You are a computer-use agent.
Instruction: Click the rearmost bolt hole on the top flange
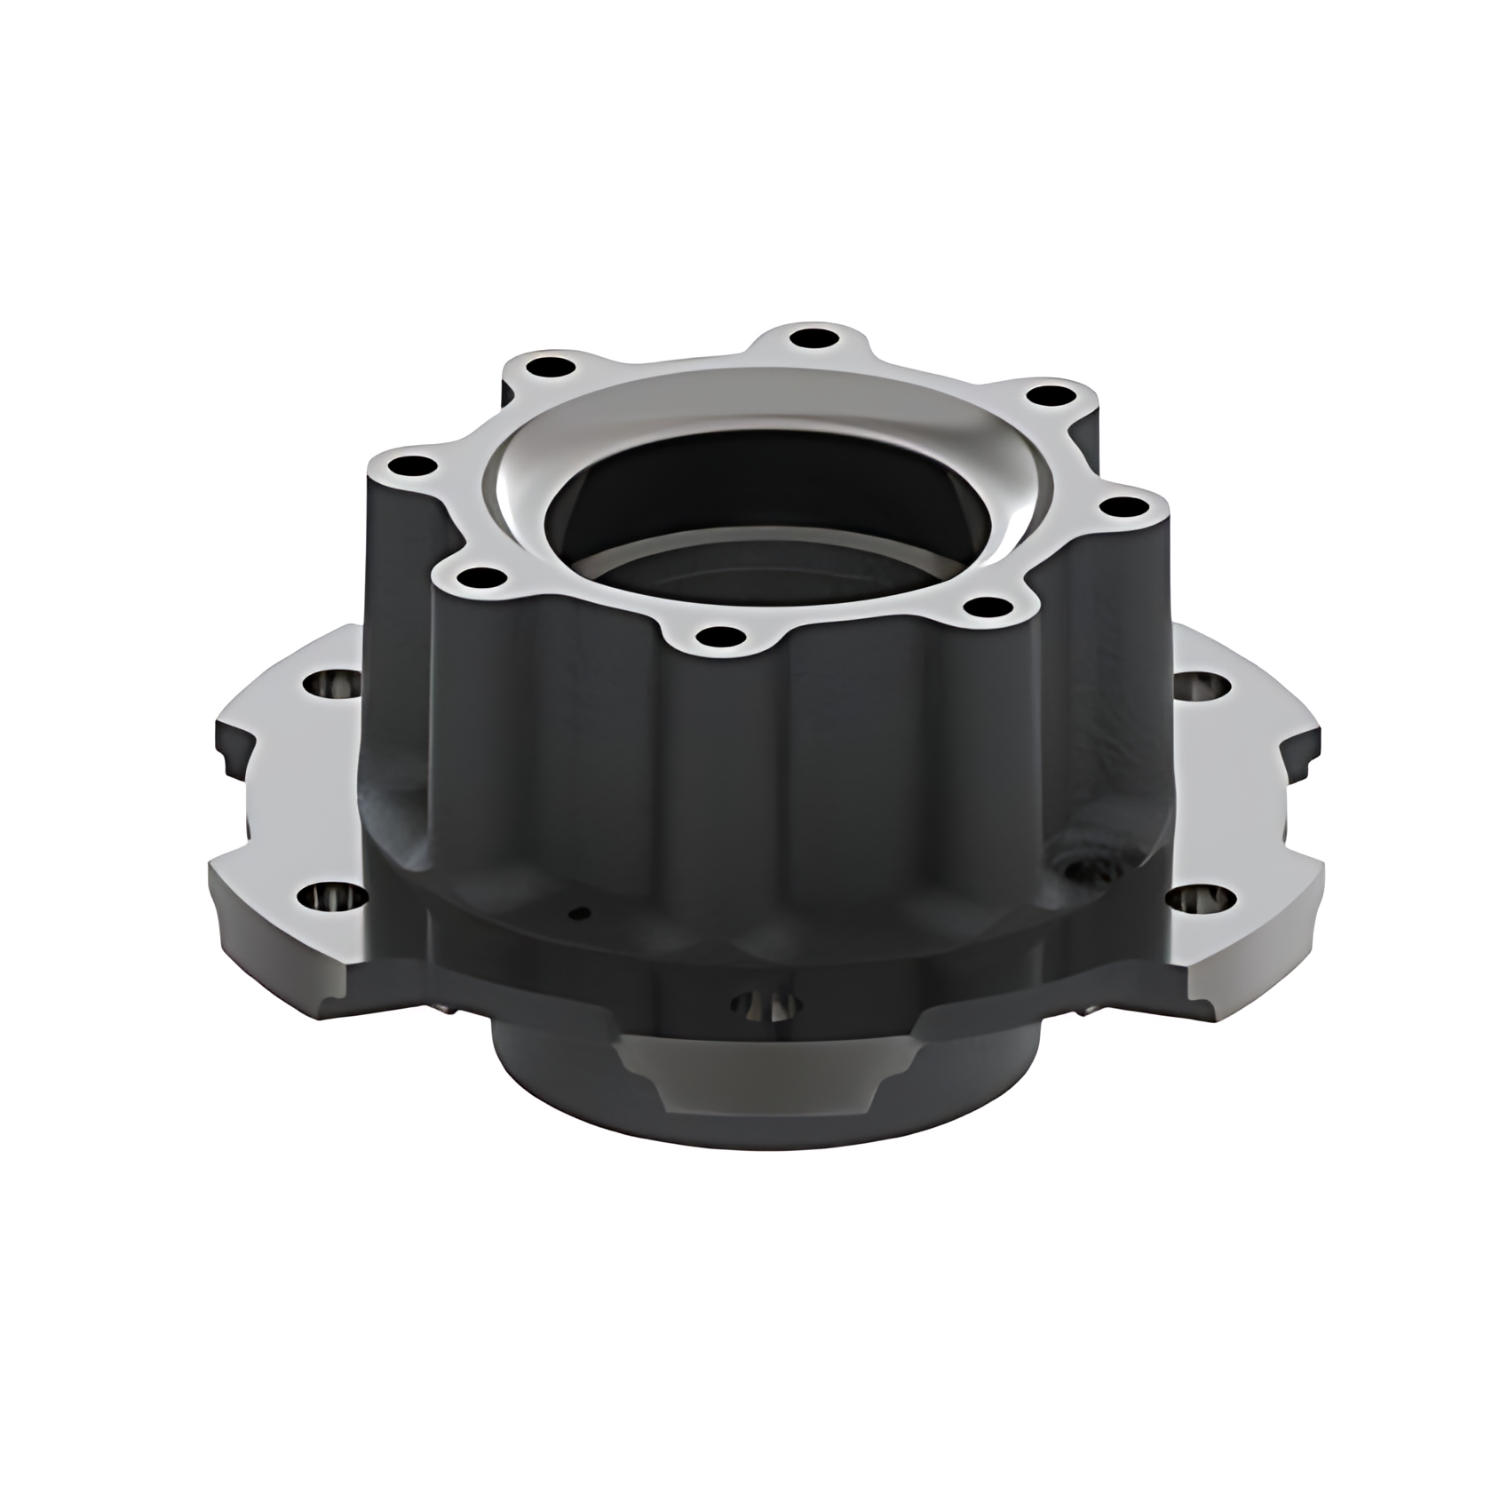click(x=808, y=337)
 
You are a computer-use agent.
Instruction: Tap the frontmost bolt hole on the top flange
click(x=720, y=636)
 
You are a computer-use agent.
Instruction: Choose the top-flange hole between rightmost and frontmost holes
click(x=989, y=609)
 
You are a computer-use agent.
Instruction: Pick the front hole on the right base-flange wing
click(x=1200, y=901)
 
